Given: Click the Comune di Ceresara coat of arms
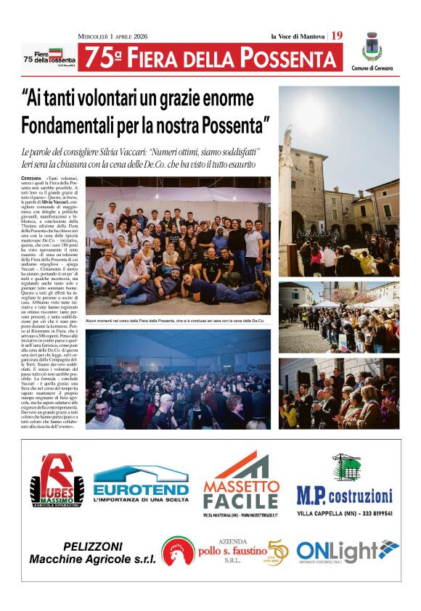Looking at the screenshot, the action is (372, 47).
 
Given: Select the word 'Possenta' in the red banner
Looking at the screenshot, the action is (287, 58).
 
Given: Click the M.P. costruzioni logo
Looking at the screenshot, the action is (345, 496).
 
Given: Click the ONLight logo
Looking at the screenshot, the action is (347, 551).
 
